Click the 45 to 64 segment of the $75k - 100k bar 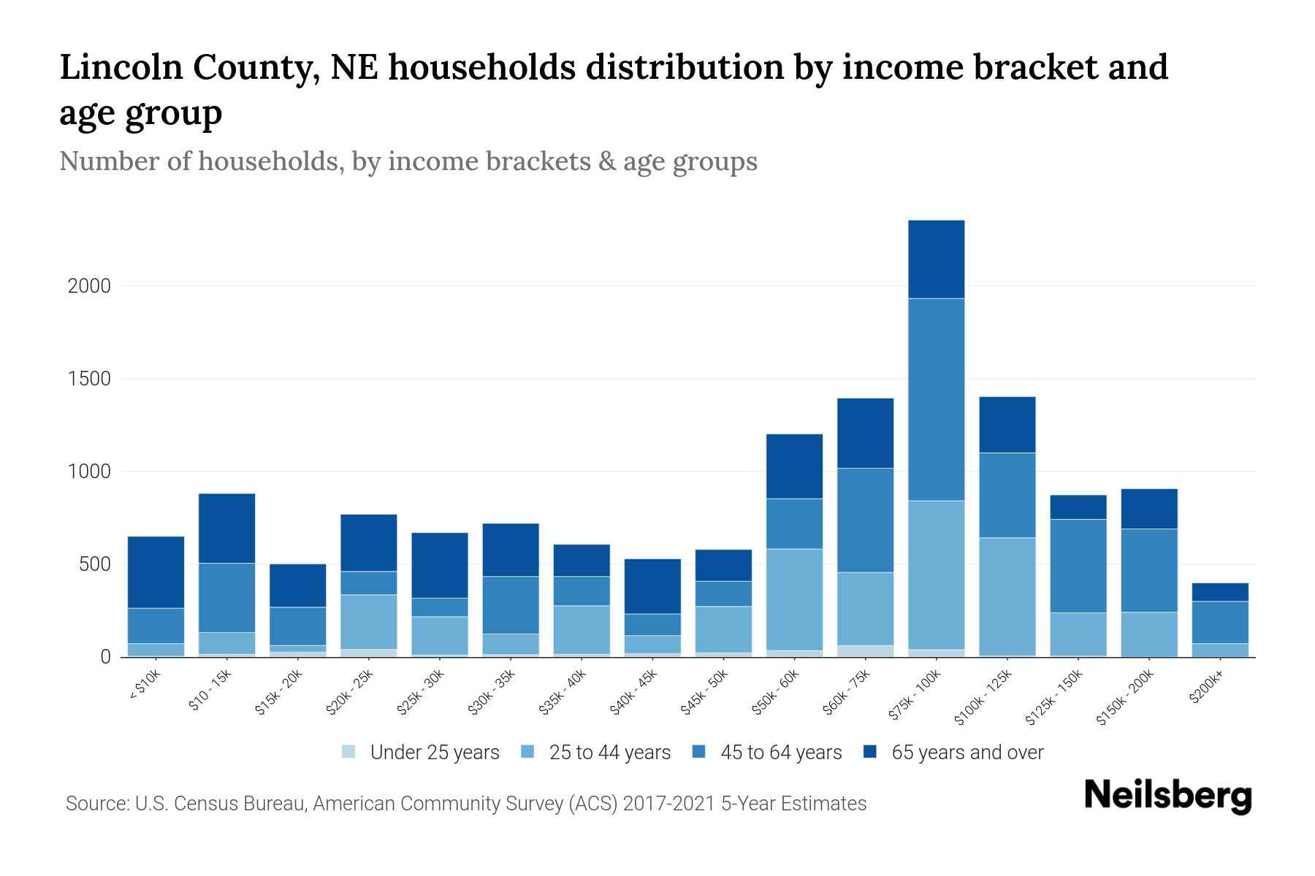936,399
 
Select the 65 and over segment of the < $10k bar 156,572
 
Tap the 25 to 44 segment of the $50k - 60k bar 794,599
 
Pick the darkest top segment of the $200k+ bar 1219,592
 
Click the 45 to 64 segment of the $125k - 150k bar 1078,566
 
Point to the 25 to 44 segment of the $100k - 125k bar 1007,596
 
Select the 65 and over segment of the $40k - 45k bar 652,586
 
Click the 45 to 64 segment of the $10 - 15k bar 226,597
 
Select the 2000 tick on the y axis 89,286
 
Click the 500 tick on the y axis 94,565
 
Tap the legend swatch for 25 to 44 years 527,752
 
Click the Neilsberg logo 1167,796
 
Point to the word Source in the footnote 95,804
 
